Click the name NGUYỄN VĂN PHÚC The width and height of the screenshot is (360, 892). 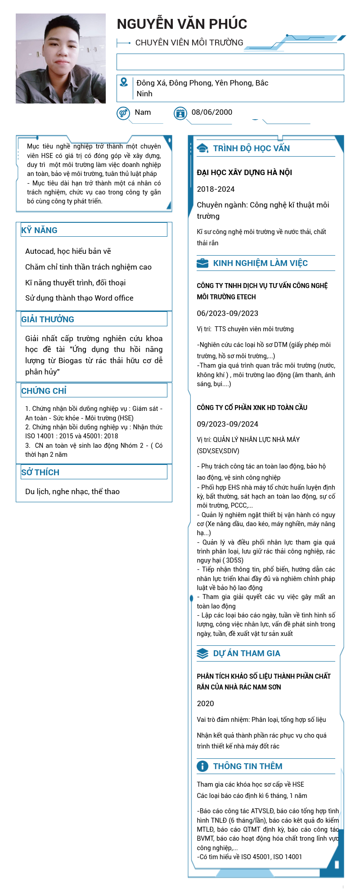[x=182, y=24]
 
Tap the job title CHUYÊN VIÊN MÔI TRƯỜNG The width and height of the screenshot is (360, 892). [x=189, y=43]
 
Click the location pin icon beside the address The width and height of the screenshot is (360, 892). [x=124, y=82]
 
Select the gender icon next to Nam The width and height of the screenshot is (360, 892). [x=123, y=113]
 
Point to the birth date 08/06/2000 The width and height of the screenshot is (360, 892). [x=212, y=113]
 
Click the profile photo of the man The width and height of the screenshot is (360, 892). [x=61, y=59]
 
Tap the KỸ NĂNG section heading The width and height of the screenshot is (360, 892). [x=40, y=230]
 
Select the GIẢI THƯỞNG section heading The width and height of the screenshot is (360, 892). [x=48, y=320]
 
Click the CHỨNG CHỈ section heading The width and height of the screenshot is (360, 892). [x=44, y=391]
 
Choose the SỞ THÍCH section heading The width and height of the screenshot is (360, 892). [x=40, y=472]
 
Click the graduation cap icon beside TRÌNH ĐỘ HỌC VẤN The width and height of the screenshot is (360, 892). [x=202, y=149]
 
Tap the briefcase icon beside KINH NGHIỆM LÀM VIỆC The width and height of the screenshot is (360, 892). [x=202, y=263]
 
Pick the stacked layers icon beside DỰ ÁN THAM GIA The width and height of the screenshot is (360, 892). [x=202, y=653]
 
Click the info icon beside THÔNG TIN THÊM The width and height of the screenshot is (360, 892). [x=202, y=766]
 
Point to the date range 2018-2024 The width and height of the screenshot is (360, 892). [x=216, y=189]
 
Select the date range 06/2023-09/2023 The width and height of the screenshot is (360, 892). [x=228, y=314]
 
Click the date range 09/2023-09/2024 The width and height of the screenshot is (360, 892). [x=228, y=424]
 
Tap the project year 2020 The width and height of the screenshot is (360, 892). [x=206, y=704]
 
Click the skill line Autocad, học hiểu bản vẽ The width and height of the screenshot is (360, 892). [x=68, y=251]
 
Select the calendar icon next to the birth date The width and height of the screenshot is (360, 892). [x=180, y=113]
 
